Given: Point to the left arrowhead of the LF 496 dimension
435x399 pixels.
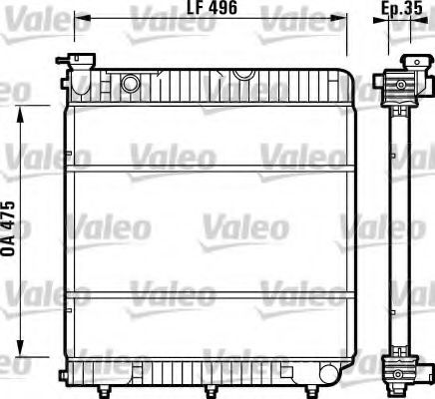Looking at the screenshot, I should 81,18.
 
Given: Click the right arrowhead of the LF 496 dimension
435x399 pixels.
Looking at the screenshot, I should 343,18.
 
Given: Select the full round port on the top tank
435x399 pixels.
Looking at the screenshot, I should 130,83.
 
